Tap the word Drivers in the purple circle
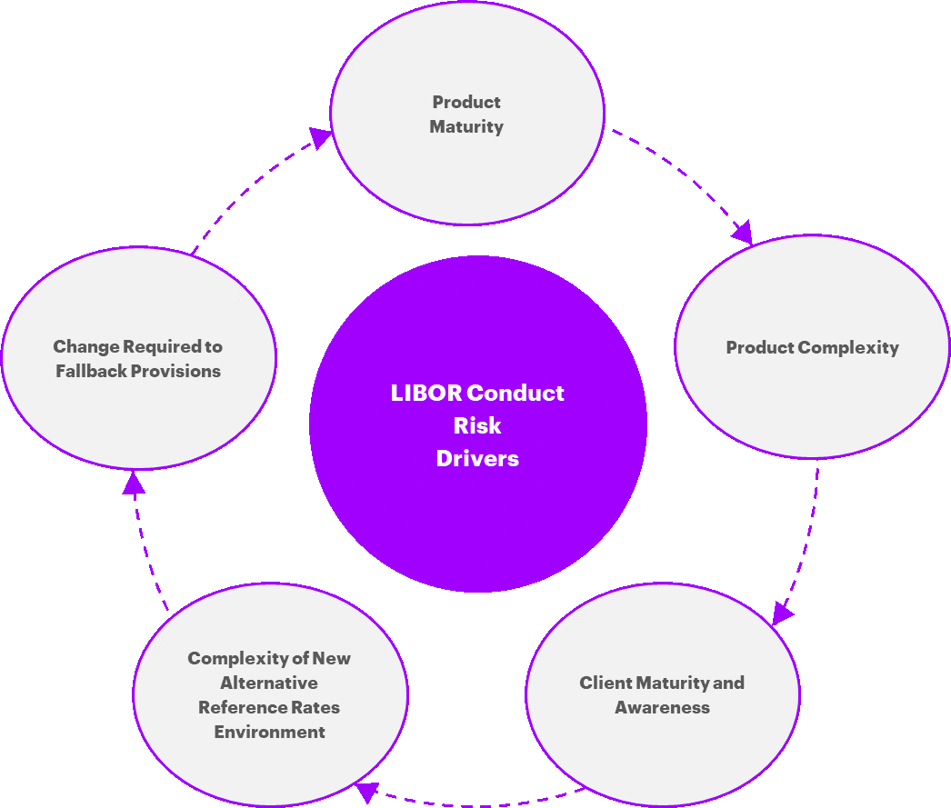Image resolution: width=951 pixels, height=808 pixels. [x=477, y=459]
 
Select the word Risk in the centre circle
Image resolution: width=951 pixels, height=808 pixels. [x=477, y=426]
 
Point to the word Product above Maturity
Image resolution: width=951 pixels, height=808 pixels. [x=466, y=102]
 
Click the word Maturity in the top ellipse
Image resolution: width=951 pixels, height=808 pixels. [x=466, y=126]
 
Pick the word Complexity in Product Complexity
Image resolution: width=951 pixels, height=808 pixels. [x=845, y=347]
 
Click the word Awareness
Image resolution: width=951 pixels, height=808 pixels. [x=662, y=707]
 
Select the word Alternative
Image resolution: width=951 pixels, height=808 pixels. [x=269, y=683]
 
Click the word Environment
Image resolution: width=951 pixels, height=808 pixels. [x=269, y=732]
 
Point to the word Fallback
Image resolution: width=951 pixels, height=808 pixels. [x=91, y=371]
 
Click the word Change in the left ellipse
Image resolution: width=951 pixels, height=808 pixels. [x=85, y=346]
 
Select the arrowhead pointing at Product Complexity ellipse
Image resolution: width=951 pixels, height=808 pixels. [x=744, y=234]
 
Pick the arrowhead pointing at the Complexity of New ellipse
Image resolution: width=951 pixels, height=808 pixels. [x=366, y=792]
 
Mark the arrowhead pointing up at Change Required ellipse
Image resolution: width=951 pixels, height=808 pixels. [x=134, y=483]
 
